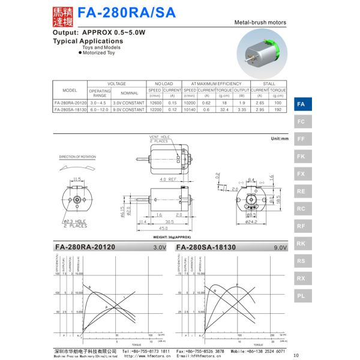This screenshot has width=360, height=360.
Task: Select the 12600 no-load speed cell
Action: (155, 103)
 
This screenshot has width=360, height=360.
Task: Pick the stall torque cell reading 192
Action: (278, 109)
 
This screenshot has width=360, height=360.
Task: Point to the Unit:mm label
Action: (280, 139)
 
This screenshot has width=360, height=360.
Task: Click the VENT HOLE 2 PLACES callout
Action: (158, 139)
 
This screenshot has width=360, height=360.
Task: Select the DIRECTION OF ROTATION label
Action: (77, 157)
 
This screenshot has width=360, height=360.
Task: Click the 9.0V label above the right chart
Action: (280, 247)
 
